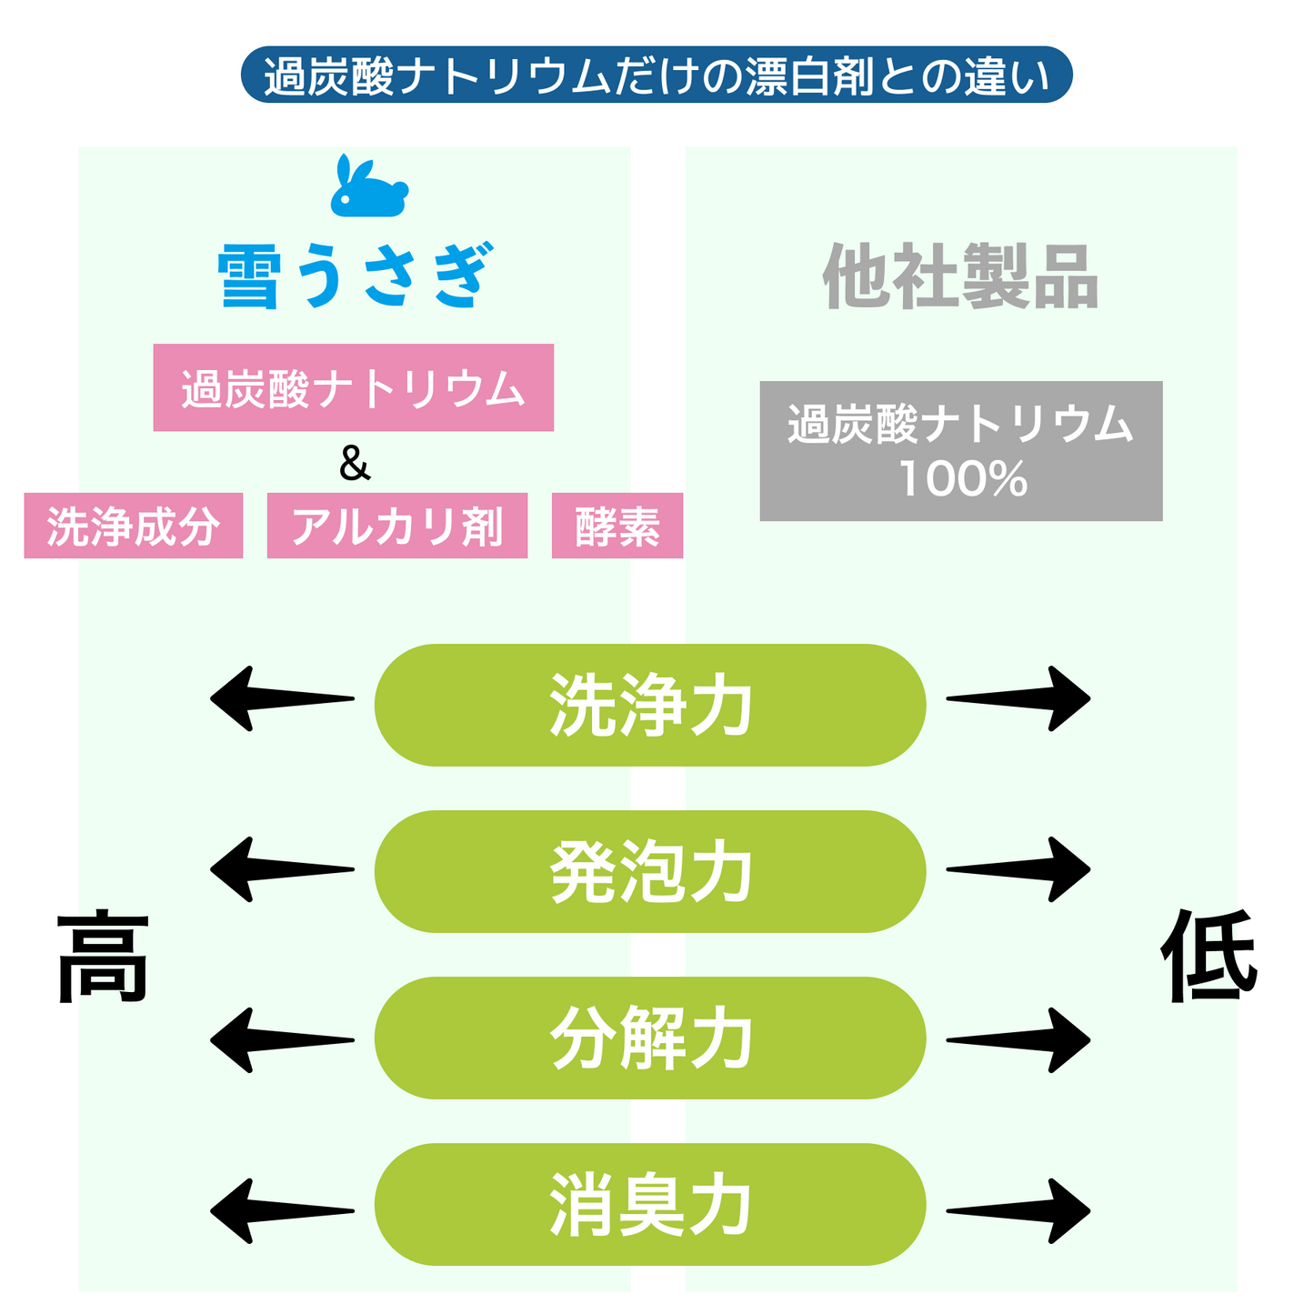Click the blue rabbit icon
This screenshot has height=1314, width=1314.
click(369, 187)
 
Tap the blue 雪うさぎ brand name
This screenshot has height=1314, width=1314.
click(356, 276)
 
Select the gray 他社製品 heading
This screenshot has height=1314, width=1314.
click(959, 276)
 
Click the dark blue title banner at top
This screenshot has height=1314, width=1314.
click(656, 75)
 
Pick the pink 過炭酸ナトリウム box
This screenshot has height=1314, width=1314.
click(353, 387)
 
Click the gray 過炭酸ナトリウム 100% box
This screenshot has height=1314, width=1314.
click(961, 451)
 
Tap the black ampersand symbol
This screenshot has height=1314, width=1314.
click(355, 463)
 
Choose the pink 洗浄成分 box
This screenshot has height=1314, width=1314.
click(134, 526)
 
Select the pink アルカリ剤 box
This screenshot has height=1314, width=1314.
click(396, 526)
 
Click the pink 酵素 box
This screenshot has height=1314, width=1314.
click(617, 526)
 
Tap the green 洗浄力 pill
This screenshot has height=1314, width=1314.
click(650, 705)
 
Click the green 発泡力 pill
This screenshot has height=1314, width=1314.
click(650, 871)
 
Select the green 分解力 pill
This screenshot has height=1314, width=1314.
click(650, 1038)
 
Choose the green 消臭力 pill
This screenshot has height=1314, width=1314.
click(650, 1204)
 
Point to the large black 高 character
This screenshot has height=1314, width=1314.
click(102, 956)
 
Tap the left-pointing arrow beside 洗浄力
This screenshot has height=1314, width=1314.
click(282, 699)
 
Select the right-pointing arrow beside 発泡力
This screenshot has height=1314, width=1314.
click(1018, 869)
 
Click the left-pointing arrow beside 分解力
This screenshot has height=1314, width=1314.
click(282, 1040)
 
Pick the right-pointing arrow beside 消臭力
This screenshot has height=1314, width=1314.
click(1018, 1211)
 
